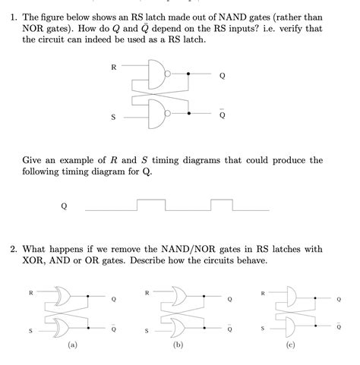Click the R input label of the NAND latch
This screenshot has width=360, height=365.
coord(114,67)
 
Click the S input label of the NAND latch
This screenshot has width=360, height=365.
coord(114,117)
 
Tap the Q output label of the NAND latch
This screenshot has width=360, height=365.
coord(222,76)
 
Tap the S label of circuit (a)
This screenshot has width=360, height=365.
coord(30,331)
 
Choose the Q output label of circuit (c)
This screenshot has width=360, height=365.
coord(339,300)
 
